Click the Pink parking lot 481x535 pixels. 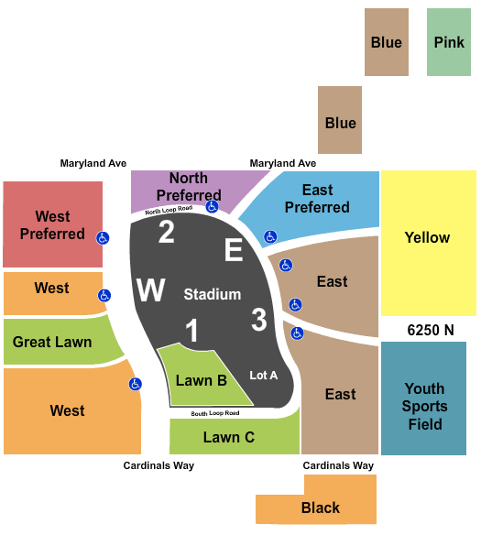click(449, 42)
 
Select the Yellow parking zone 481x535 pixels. click(429, 244)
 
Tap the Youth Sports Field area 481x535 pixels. click(423, 399)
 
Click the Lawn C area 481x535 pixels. click(235, 437)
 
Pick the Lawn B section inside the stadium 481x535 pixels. click(202, 380)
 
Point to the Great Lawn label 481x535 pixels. click(52, 342)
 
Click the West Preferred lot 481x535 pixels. click(52, 224)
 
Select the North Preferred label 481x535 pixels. click(189, 187)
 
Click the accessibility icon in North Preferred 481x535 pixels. click(212, 206)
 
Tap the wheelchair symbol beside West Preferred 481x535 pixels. click(103, 238)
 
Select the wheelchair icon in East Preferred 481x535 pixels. click(270, 236)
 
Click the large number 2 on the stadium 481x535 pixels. click(167, 233)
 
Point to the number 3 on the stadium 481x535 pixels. click(259, 320)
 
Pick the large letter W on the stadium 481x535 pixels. click(151, 290)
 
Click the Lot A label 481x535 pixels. click(263, 376)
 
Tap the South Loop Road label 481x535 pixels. click(215, 413)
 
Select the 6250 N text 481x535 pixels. click(431, 330)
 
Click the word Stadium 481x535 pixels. click(213, 294)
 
